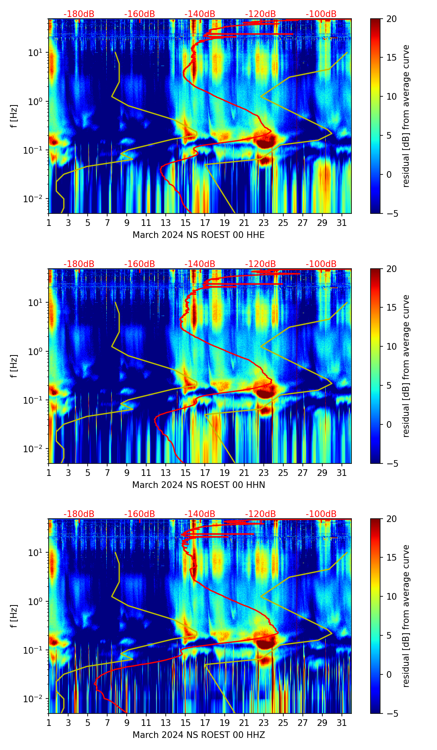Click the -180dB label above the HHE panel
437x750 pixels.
tap(79, 14)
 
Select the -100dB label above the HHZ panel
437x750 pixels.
tap(321, 514)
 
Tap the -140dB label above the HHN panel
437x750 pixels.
tap(200, 264)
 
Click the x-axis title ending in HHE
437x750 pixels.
tap(199, 235)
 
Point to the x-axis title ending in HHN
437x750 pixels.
tap(199, 485)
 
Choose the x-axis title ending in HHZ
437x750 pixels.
tap(199, 735)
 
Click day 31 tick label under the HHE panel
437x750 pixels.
tap(342, 223)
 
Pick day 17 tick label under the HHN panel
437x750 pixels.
tap(205, 473)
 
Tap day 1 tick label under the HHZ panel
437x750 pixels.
tap(49, 723)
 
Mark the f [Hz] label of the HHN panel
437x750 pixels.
tap(14, 366)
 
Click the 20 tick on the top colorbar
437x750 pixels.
tap(391, 19)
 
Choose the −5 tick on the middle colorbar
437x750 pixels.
tap(391, 463)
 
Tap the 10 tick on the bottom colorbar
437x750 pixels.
tap(391, 596)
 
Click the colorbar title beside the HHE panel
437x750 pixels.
tap(406, 116)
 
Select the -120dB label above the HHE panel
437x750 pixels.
tap(260, 14)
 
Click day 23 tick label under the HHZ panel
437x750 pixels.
tap(264, 723)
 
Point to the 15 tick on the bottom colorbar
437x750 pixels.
tap(391, 558)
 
